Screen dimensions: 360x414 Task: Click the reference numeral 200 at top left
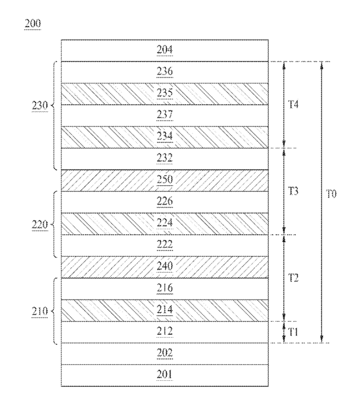(x=33, y=24)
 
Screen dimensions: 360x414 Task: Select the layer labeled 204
(x=165, y=51)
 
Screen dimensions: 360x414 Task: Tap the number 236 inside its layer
(x=165, y=72)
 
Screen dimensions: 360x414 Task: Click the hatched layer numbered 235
(x=165, y=94)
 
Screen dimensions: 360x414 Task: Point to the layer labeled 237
(x=165, y=116)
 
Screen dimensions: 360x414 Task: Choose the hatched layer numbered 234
(x=165, y=137)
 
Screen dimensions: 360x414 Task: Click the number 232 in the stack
(x=165, y=158)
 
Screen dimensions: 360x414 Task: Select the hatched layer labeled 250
(x=165, y=180)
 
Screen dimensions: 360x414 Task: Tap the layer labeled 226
(x=165, y=202)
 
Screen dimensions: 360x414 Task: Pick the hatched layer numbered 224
(x=165, y=224)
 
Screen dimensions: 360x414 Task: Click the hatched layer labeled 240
(x=165, y=267)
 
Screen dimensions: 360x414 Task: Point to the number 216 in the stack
(x=165, y=288)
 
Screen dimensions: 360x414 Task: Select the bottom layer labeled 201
(x=165, y=376)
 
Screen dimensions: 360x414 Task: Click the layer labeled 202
(x=165, y=354)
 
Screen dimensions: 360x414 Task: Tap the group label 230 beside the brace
(x=40, y=106)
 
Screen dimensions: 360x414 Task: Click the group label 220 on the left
(x=40, y=225)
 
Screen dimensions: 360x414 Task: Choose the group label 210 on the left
(x=40, y=311)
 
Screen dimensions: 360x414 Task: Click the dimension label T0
(x=331, y=194)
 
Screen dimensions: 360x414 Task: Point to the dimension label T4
(x=293, y=105)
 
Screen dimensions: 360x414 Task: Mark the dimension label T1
(x=293, y=332)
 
